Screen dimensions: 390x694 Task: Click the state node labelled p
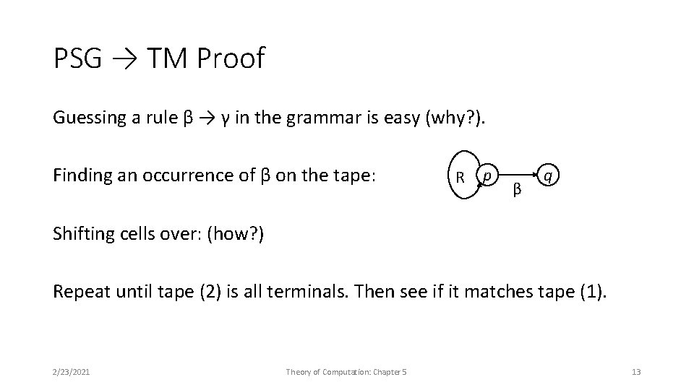click(489, 175)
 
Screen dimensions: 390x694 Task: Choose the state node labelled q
click(550, 175)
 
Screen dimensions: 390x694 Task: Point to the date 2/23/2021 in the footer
click(72, 372)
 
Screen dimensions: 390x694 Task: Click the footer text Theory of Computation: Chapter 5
click(346, 372)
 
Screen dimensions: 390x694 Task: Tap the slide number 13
click(636, 372)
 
